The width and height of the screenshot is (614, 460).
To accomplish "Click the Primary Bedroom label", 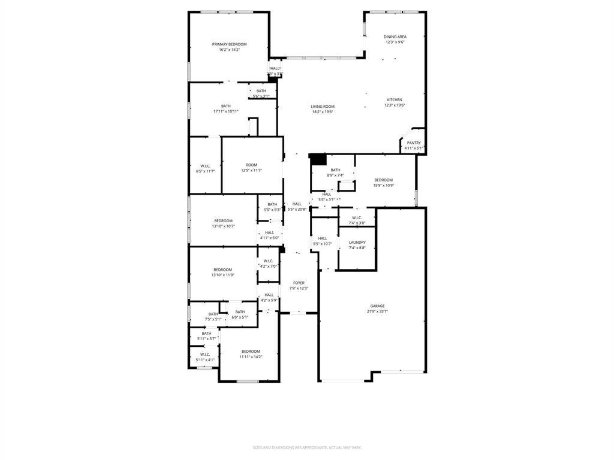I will (x=229, y=44).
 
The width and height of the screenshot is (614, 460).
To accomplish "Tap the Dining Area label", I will (x=395, y=37).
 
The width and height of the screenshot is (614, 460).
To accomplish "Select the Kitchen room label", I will (x=395, y=99).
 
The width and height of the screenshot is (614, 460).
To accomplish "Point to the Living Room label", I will (x=322, y=107).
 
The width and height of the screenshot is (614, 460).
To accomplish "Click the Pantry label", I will (x=414, y=143).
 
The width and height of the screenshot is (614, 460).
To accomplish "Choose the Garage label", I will (x=377, y=306).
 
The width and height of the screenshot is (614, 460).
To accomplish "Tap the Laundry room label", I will (x=357, y=243).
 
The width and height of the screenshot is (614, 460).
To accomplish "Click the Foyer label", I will (x=299, y=283).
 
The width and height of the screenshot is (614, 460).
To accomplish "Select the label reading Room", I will (x=251, y=165).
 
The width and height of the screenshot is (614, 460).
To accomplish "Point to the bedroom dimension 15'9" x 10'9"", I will (x=384, y=185).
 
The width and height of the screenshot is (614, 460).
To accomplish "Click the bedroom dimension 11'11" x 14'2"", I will (x=251, y=356).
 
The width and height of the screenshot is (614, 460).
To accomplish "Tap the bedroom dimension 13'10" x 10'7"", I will (x=223, y=226).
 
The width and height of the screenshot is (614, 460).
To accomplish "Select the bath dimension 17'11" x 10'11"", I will (x=225, y=111).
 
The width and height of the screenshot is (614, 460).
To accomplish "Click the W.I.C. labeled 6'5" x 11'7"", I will (x=205, y=171).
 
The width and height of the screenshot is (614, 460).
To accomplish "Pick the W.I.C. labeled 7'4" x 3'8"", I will (x=357, y=223).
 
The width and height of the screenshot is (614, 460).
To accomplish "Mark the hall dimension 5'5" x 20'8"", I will (x=297, y=209).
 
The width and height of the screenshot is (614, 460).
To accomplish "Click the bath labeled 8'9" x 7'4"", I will (x=335, y=175).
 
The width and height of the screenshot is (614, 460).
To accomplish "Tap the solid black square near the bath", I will (x=318, y=159).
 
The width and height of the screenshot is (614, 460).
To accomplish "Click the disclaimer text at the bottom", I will (x=306, y=447).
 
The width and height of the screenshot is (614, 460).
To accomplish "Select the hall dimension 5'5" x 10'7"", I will (x=323, y=243).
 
